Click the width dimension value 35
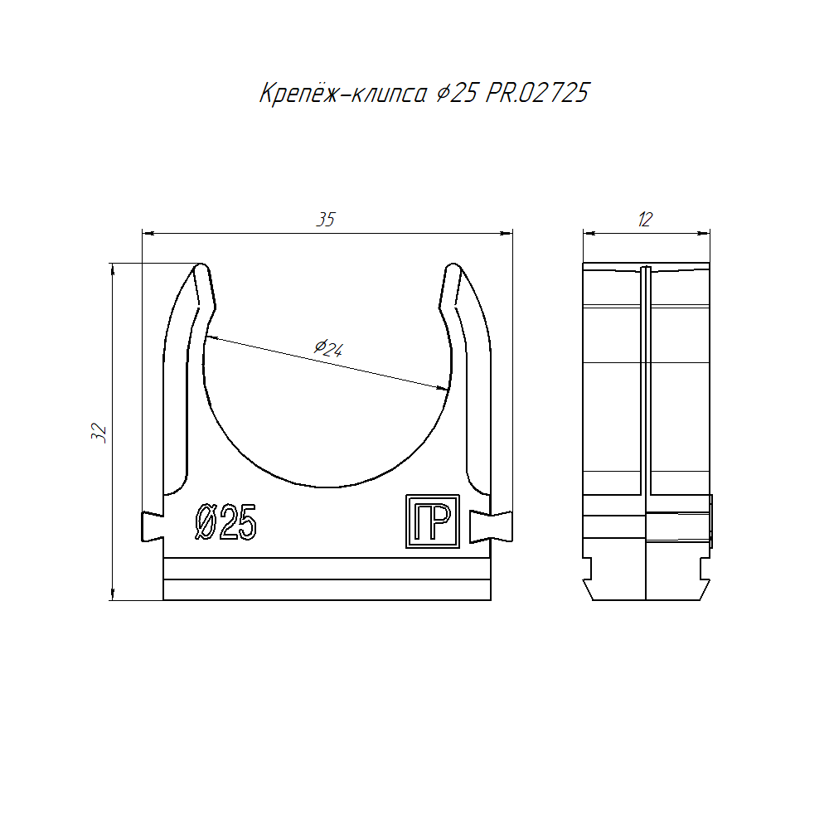tap(326, 220)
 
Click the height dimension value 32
tap(99, 433)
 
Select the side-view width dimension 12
tap(646, 220)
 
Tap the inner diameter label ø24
tap(329, 348)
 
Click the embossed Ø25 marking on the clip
tap(225, 522)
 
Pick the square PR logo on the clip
tap(433, 521)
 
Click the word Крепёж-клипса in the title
tap(342, 94)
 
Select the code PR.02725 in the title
tap(537, 93)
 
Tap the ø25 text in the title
tap(458, 94)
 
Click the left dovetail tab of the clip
tap(153, 526)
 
